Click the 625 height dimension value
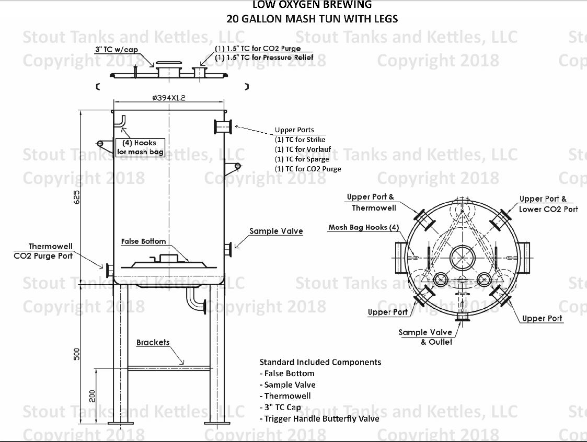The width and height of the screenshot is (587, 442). click(77, 196)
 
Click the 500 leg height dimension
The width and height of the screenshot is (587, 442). click(77, 353)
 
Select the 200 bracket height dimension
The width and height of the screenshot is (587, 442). click(93, 396)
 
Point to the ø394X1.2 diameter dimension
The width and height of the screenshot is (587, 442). click(168, 97)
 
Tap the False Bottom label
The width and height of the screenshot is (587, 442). click(143, 241)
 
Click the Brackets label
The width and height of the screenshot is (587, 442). click(153, 343)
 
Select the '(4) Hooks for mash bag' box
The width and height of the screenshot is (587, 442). click(140, 147)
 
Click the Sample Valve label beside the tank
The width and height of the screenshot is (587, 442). click(276, 231)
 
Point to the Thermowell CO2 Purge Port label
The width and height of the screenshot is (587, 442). click(43, 251)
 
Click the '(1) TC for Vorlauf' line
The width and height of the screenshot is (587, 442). click(303, 149)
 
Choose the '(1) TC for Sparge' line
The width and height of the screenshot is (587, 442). click(302, 159)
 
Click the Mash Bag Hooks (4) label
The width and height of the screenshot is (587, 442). click(364, 227)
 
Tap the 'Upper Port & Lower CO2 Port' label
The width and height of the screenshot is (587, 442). click(548, 204)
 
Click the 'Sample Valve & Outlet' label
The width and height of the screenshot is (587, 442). click(425, 337)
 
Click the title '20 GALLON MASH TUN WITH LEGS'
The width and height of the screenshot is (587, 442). click(312, 19)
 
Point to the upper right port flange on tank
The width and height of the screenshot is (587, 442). click(223, 127)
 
